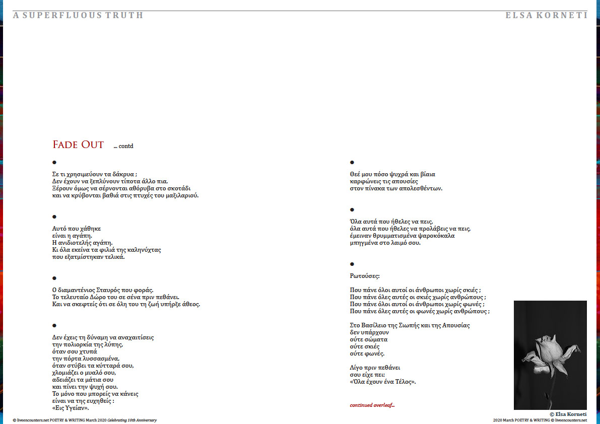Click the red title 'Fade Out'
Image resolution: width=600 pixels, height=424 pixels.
(x=78, y=145)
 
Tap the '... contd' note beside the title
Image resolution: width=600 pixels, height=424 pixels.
(x=123, y=146)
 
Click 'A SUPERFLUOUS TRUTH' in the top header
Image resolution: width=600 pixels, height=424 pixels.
(x=78, y=15)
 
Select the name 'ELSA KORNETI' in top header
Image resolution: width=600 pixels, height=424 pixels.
(x=546, y=15)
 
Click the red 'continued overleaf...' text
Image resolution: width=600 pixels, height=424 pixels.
(x=372, y=405)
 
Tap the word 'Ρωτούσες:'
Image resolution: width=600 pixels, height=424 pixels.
(x=365, y=275)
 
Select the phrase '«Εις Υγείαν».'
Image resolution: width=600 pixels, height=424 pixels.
(x=71, y=408)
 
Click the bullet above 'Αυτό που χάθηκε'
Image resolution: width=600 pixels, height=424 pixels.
(x=54, y=217)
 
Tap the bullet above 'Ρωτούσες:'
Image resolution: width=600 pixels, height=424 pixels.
(x=352, y=264)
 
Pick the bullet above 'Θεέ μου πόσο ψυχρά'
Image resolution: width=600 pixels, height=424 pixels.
(x=352, y=163)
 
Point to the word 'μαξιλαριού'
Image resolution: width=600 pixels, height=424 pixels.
(x=181, y=195)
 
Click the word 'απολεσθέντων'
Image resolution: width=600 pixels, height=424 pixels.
(x=420, y=188)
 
